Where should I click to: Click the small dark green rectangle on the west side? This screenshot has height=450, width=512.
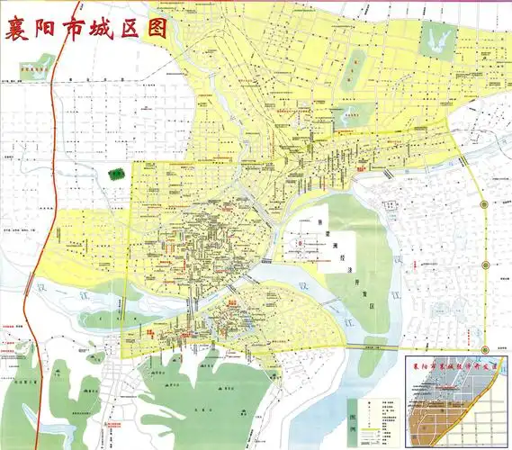coord(116,175)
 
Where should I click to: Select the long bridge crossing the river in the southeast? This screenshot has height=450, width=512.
coord(378,346)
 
